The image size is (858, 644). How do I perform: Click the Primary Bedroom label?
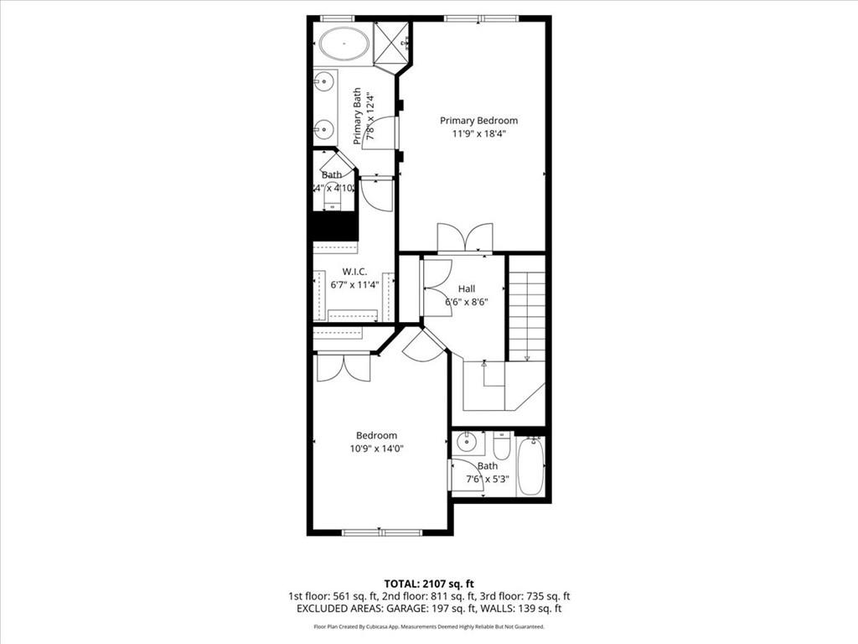(478, 120)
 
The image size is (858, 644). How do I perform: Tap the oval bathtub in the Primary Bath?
(344, 43)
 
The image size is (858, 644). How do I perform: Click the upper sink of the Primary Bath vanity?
(322, 81)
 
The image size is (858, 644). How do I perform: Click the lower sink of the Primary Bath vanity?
(322, 129)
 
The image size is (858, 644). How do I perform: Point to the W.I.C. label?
(354, 272)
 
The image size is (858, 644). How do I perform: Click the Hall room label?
(467, 288)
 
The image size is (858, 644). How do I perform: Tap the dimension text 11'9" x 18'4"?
(478, 133)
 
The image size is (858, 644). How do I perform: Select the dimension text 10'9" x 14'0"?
(376, 449)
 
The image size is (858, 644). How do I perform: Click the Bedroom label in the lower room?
(376, 435)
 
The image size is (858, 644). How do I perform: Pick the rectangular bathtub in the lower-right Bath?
(531, 468)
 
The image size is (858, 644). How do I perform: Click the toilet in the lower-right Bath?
(502, 444)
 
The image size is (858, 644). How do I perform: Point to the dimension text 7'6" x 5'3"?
(488, 480)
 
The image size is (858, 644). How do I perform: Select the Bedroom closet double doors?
(344, 367)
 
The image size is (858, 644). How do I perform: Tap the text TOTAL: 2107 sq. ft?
(428, 584)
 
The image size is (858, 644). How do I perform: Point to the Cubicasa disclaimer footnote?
(428, 626)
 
